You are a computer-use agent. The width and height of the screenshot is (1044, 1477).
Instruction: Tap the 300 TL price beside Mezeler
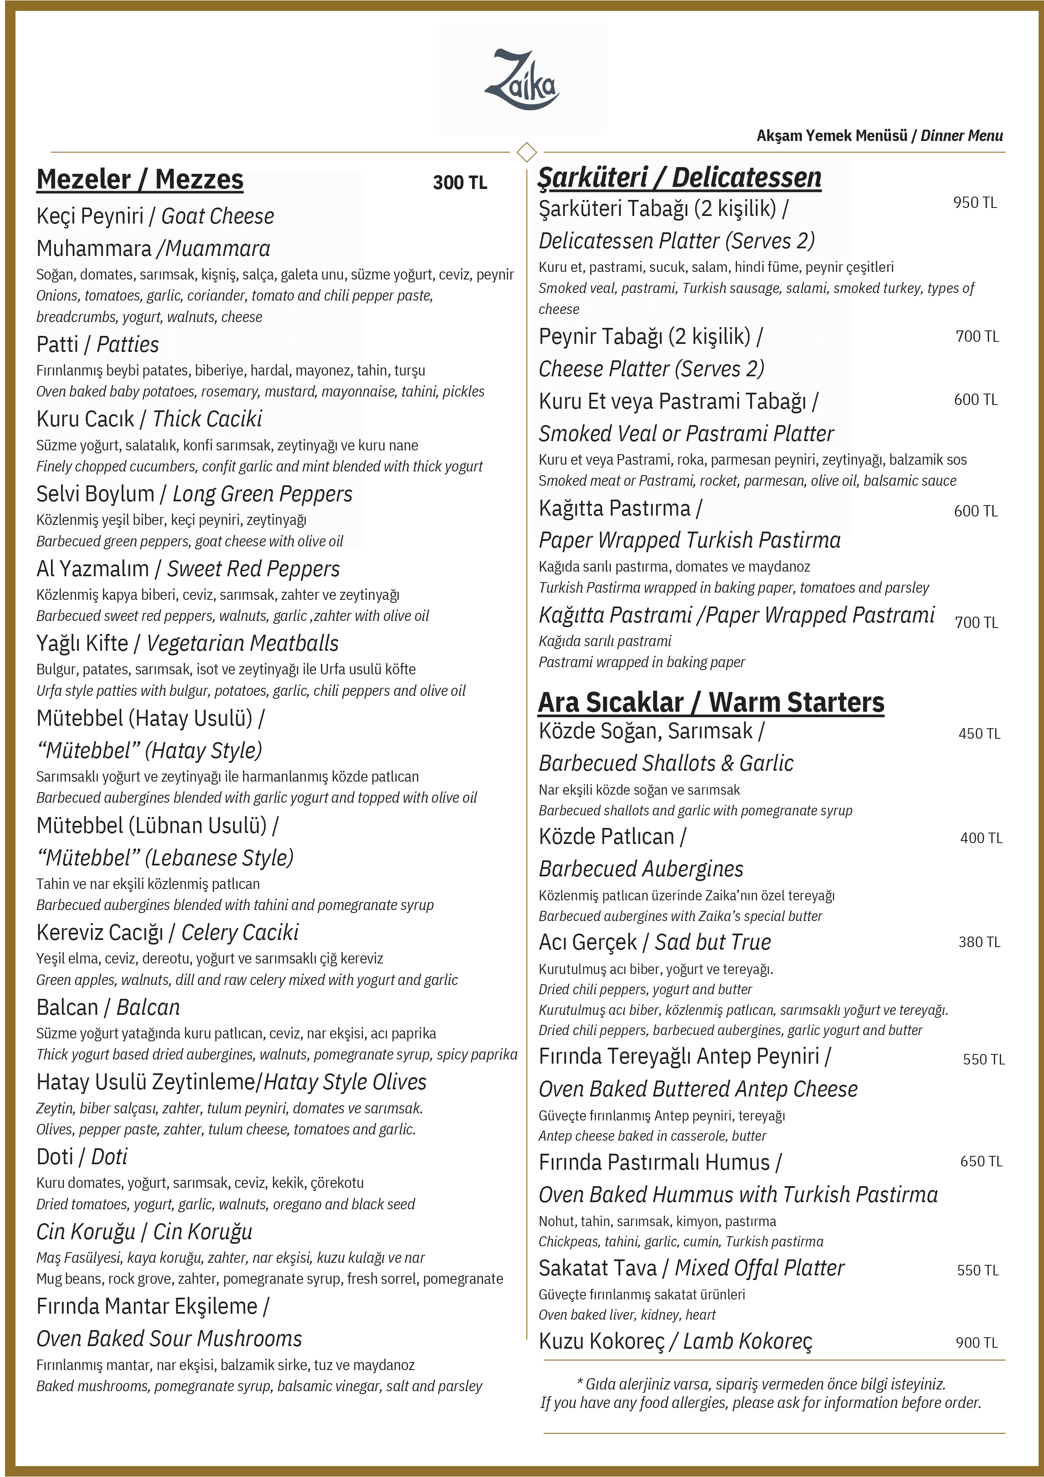point(460,183)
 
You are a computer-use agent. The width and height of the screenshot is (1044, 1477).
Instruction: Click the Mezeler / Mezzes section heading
point(140,179)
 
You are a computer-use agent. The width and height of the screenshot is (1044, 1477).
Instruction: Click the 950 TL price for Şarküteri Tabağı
point(975,202)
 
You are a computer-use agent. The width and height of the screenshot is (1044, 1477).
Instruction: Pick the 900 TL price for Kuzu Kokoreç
point(976,1343)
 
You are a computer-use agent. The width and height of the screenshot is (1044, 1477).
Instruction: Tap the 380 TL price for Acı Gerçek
point(979,942)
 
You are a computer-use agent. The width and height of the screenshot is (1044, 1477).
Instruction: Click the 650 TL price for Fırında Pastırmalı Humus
point(981,1161)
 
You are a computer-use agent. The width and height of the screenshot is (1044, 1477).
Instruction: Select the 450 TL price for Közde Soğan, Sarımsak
point(979,733)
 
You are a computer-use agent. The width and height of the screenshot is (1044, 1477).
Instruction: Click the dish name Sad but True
point(713,942)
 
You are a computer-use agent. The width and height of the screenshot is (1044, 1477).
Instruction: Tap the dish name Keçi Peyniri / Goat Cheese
point(155,216)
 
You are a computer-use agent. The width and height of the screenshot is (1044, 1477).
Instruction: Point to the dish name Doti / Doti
point(82,1157)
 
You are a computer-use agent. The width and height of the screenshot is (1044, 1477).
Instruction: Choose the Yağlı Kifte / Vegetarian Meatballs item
point(187,643)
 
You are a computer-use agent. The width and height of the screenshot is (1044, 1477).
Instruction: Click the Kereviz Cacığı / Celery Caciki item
point(167,932)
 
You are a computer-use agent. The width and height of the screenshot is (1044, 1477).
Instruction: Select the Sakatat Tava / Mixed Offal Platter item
point(691,1268)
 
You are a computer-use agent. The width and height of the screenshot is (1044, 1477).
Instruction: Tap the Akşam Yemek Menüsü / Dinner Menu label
point(879,136)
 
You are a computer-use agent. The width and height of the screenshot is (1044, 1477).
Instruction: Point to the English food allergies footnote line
point(760,1403)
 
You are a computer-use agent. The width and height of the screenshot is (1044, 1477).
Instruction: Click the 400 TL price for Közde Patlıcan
point(981,838)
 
